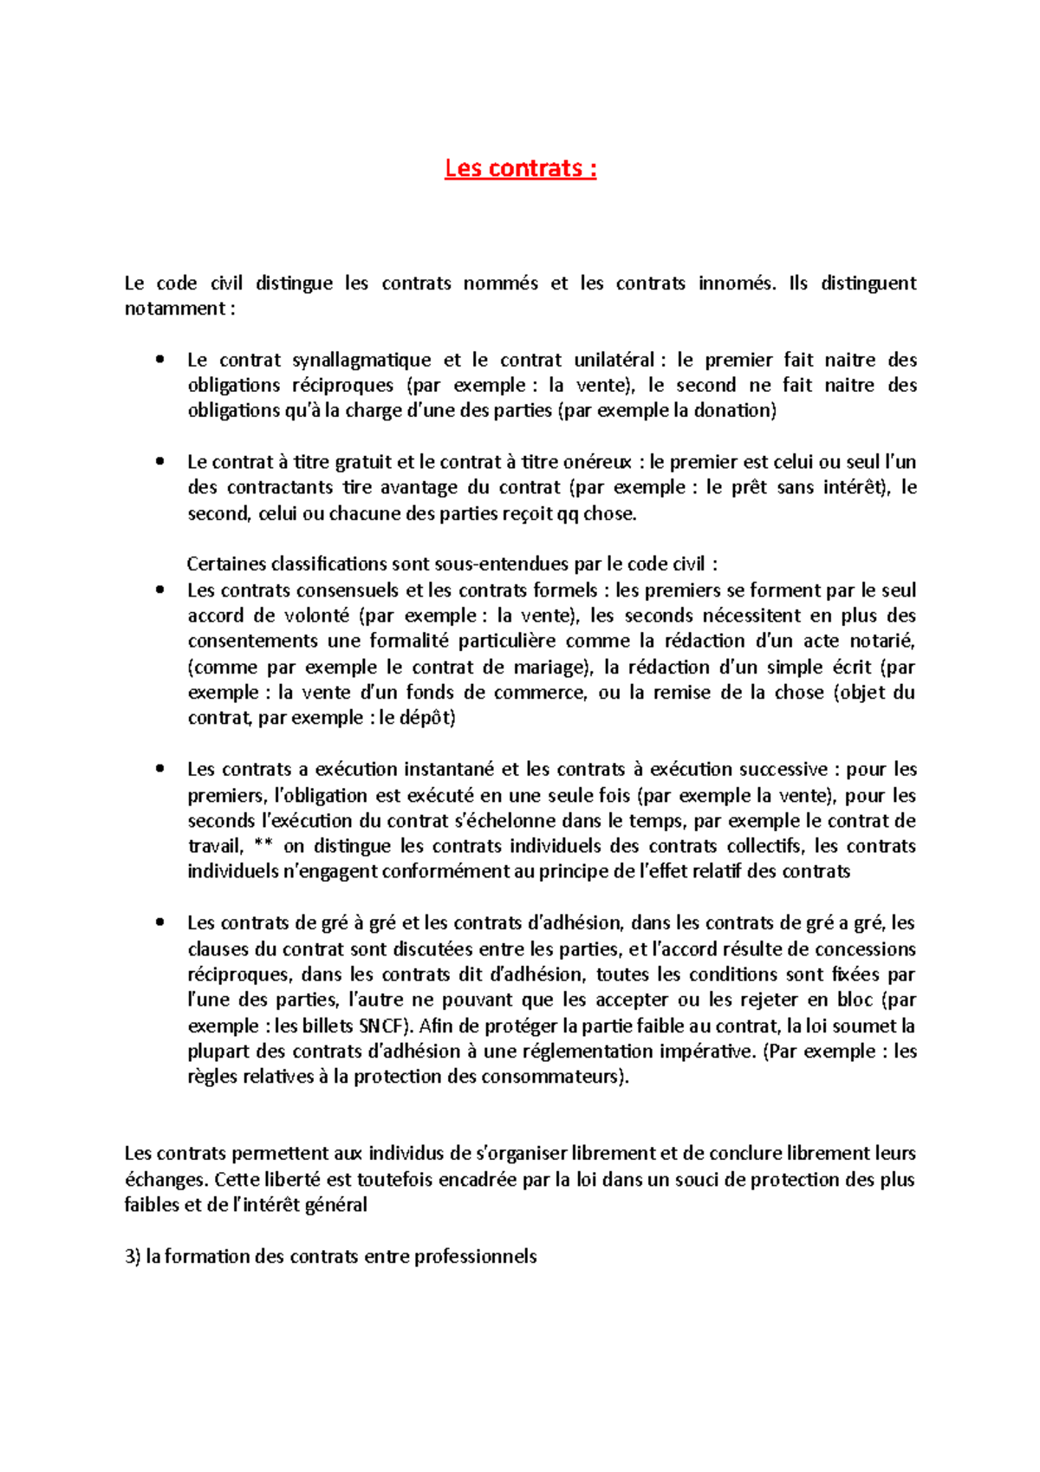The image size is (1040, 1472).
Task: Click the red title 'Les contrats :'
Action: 520,168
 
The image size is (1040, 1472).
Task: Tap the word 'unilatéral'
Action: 614,360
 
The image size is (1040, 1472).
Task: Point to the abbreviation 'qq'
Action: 568,514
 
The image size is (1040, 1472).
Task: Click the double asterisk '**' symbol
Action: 264,847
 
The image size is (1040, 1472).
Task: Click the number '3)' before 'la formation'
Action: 133,1257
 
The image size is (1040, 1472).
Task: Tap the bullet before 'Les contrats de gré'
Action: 159,923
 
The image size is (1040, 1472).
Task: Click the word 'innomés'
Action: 737,283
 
